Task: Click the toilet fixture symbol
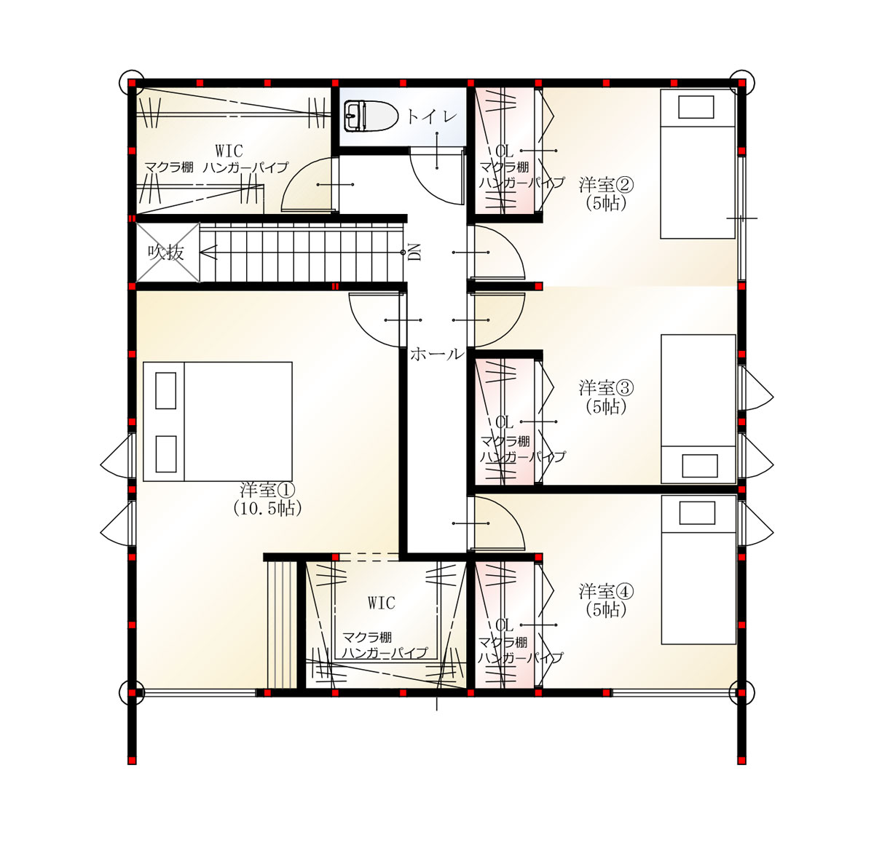coord(371,116)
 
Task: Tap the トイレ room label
coord(432,116)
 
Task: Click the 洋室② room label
coord(606,185)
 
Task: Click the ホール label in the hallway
coord(437,355)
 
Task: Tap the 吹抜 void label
coord(166,253)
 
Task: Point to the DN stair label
coord(414,253)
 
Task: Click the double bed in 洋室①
coord(217,422)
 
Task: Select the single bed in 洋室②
coord(698,164)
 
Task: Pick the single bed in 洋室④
coord(698,569)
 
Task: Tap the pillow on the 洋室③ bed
coord(700,466)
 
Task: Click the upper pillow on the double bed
coord(166,390)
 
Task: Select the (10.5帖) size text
coord(267,509)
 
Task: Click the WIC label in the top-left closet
coord(229,151)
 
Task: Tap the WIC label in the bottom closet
coord(382,603)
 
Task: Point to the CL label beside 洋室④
coord(504,625)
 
